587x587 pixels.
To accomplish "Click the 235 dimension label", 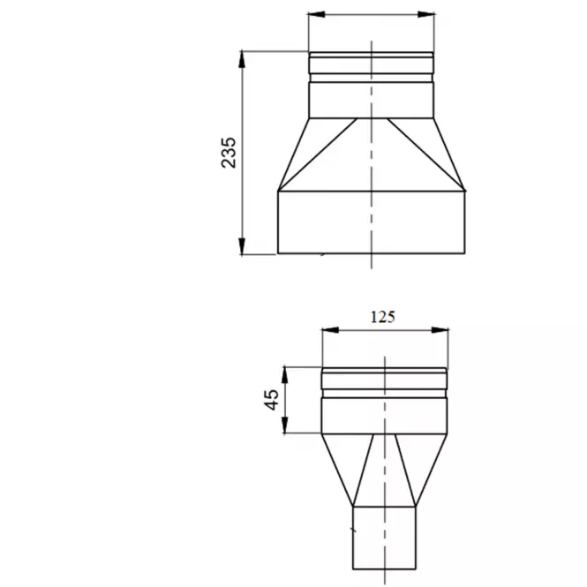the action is pyautogui.click(x=229, y=153).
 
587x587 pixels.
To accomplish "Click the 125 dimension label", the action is pyautogui.click(x=382, y=317).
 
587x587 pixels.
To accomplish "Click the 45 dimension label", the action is pyautogui.click(x=272, y=400).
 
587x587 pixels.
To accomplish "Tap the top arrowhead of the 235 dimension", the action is pyautogui.click(x=242, y=59).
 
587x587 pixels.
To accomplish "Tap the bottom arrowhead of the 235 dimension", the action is pyautogui.click(x=242, y=246).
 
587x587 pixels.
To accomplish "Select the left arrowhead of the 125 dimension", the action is pyautogui.click(x=330, y=330).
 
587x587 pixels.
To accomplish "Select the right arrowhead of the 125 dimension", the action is pyautogui.click(x=440, y=330).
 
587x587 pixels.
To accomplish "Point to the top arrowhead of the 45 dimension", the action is pyautogui.click(x=285, y=375).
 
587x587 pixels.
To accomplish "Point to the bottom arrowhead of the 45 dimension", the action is pyautogui.click(x=285, y=425).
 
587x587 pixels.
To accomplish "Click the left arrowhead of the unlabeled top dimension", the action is pyautogui.click(x=317, y=14).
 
